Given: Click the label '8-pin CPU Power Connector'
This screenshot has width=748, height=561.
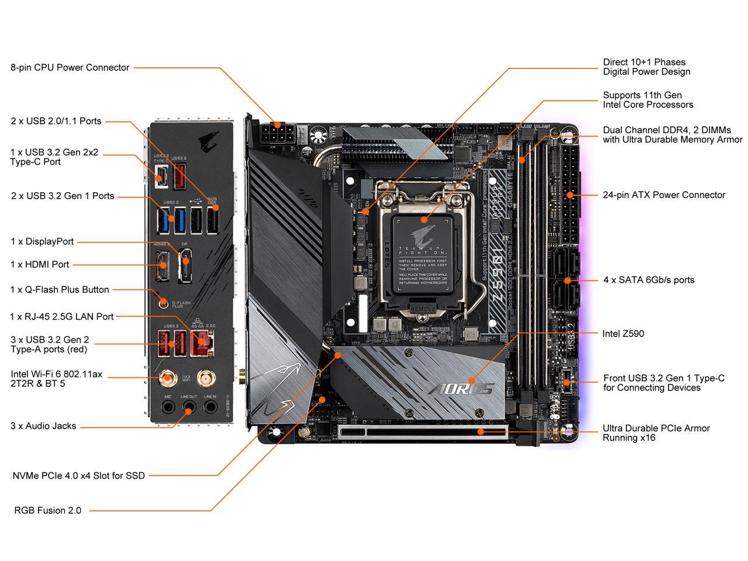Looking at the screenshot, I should [x=70, y=68].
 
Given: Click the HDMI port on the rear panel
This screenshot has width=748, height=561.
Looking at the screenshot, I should [x=161, y=266].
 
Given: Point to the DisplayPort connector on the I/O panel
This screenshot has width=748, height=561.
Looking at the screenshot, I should [x=185, y=265].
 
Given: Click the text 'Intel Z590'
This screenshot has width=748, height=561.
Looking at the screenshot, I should [x=623, y=334].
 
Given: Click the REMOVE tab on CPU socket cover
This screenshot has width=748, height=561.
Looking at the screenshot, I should [x=423, y=308].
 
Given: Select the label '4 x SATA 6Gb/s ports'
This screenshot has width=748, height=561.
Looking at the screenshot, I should [x=649, y=280].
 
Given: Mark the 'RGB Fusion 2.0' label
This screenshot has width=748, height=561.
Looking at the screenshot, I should [x=48, y=511].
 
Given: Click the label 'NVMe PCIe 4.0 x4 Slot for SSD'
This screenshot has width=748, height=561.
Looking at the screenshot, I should [x=79, y=476].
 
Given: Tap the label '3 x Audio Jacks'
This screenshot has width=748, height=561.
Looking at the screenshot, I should [x=43, y=426].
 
